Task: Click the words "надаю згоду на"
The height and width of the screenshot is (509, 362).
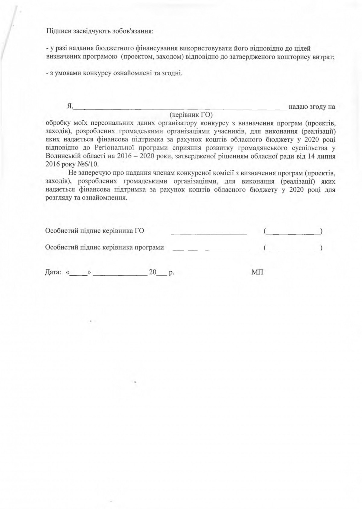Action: (x=312, y=107)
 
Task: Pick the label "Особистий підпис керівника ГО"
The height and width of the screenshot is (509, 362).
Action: (x=94, y=231)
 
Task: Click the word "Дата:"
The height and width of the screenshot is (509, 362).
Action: (x=53, y=272)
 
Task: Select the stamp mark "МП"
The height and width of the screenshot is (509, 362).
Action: (x=257, y=272)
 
